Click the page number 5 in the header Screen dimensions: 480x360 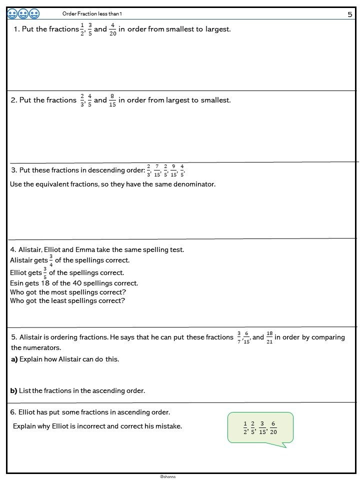click(x=350, y=14)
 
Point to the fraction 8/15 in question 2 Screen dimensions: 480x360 click(x=112, y=100)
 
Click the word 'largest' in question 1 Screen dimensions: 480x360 click(x=217, y=29)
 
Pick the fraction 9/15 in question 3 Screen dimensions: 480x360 click(x=173, y=170)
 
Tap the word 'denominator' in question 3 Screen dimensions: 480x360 click(x=192, y=184)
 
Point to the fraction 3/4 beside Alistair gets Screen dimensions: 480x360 click(x=51, y=260)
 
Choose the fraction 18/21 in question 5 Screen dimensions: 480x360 click(x=269, y=337)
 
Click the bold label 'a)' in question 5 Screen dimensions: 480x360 click(x=14, y=359)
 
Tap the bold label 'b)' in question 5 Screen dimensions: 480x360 click(x=14, y=390)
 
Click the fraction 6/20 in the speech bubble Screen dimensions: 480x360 click(x=273, y=427)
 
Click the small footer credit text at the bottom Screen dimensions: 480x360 click(x=168, y=476)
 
